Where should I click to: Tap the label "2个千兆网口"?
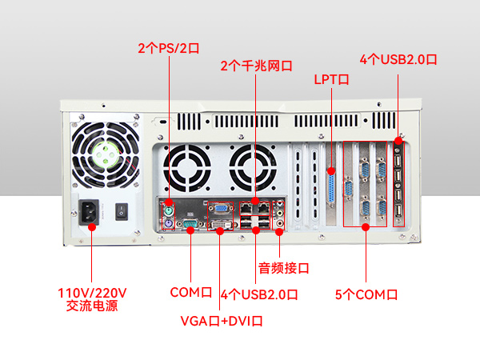click(256, 66)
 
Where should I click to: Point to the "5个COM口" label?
click(366, 294)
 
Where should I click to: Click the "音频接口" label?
click(283, 267)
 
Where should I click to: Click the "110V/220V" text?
click(93, 292)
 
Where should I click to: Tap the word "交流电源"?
click(93, 306)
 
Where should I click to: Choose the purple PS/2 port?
click(169, 222)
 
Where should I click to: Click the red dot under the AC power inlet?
click(91, 227)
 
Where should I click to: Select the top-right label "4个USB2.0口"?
click(398, 59)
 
